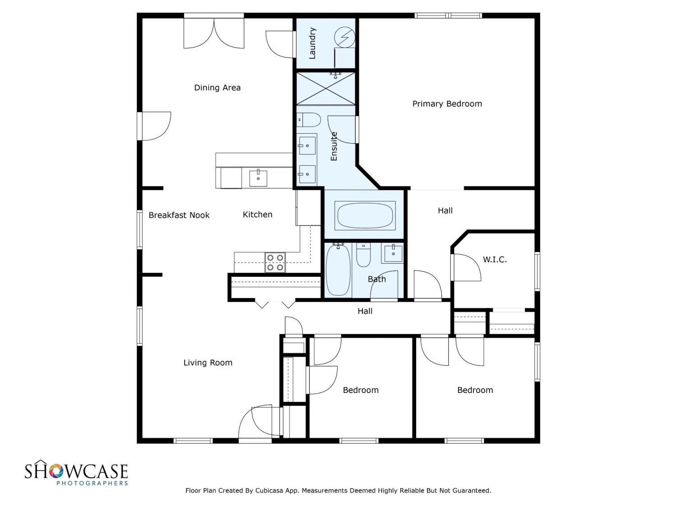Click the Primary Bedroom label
pyautogui.click(x=447, y=104)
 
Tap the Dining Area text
pyautogui.click(x=217, y=88)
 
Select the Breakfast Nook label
pyautogui.click(x=179, y=215)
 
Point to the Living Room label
pyautogui.click(x=208, y=363)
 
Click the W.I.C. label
pyautogui.click(x=495, y=260)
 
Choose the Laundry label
pyautogui.click(x=312, y=43)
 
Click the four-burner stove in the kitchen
pyautogui.click(x=275, y=262)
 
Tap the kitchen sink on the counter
pyautogui.click(x=258, y=178)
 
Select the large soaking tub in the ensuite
pyautogui.click(x=365, y=215)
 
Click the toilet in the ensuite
pyautogui.click(x=308, y=120)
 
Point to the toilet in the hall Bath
pyautogui.click(x=363, y=255)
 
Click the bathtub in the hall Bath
pyautogui.click(x=338, y=269)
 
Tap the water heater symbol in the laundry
pyautogui.click(x=344, y=37)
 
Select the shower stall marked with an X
pyautogui.click(x=326, y=89)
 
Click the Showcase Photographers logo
pyautogui.click(x=76, y=472)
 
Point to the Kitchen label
pyautogui.click(x=258, y=214)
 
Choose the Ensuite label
pyautogui.click(x=334, y=146)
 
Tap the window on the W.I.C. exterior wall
pyautogui.click(x=537, y=271)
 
